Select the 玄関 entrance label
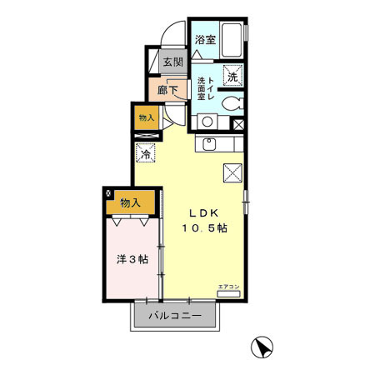(172, 62)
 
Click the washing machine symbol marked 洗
(233, 74)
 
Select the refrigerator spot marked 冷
(146, 153)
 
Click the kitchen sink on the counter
(208, 146)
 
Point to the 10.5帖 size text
(207, 227)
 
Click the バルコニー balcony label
(176, 317)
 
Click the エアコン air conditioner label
(227, 286)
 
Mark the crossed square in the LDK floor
(232, 173)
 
